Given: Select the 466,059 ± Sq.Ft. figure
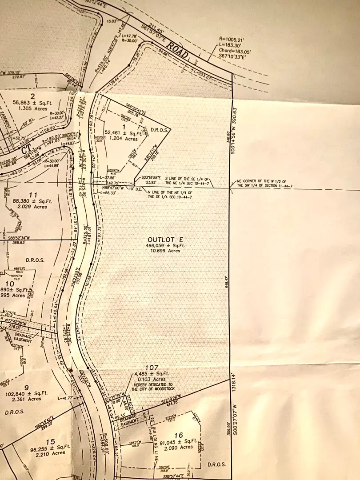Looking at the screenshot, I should pos(166,245).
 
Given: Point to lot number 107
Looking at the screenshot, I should pos(152,367).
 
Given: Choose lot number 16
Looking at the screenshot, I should pos(179,435).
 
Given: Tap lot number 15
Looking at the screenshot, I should pos(50,441).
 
